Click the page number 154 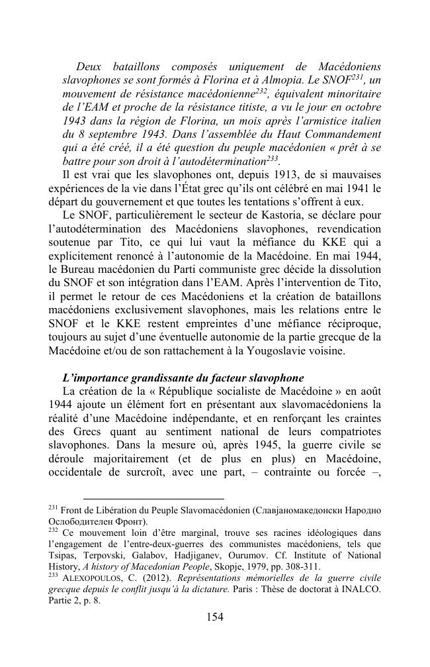[x=215, y=617]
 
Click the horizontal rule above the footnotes [x=153, y=499]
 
